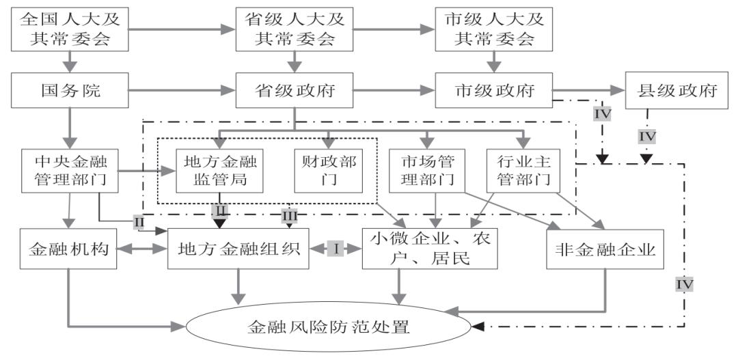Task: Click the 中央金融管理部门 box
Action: [x=67, y=171]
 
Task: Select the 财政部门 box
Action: [x=329, y=171]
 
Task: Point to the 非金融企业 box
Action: [x=601, y=250]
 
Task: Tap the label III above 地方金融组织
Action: [x=288, y=216]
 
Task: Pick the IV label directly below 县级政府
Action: [x=646, y=137]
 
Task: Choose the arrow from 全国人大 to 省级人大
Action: [x=181, y=30]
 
